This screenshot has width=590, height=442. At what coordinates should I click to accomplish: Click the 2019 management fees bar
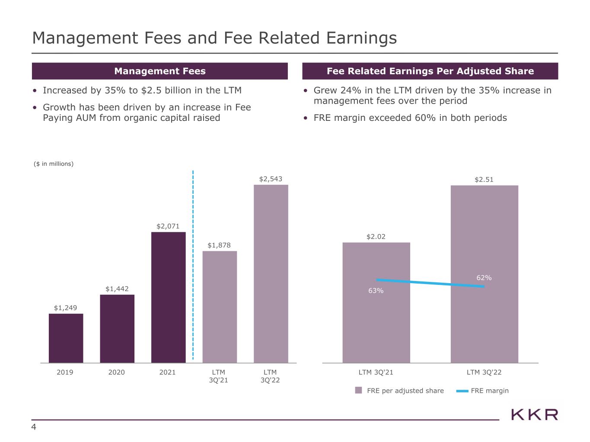[66, 338]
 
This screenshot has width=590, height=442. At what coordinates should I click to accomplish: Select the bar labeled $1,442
[117, 329]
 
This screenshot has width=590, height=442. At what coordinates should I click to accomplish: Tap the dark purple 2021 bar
[168, 297]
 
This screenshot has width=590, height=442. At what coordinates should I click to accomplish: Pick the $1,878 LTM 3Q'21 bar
[220, 307]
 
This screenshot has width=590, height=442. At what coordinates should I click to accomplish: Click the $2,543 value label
[271, 179]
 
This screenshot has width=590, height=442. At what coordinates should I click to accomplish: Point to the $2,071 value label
[168, 226]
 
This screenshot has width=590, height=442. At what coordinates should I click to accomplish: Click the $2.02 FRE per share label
[376, 237]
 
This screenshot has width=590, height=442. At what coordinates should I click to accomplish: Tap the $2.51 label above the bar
[484, 180]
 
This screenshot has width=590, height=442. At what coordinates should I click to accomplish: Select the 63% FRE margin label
[376, 290]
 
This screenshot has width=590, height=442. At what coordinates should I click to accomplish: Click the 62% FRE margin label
[484, 278]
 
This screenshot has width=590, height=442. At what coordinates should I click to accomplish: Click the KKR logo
[534, 415]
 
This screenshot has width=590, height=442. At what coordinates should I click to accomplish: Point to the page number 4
[34, 427]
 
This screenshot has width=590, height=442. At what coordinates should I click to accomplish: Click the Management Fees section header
[160, 71]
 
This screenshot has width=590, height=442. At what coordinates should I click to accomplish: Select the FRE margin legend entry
[482, 391]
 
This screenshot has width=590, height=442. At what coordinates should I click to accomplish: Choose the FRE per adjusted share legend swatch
[358, 390]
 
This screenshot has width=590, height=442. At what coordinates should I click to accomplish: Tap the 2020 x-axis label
[116, 372]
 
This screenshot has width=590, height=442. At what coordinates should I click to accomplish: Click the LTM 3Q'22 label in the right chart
[484, 372]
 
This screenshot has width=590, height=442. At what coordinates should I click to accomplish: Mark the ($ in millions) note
[54, 164]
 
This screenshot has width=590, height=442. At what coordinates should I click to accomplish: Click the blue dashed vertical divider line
[193, 265]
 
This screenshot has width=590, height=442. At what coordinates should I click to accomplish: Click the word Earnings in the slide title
[361, 38]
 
